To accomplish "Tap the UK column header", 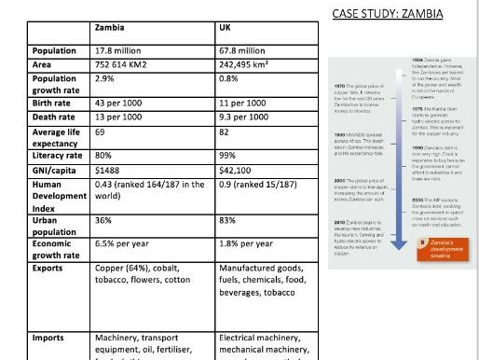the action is [225, 26].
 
